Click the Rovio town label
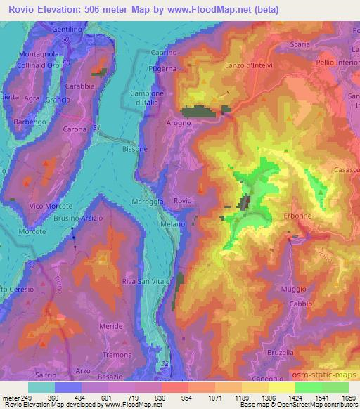(183, 201)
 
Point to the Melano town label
(172, 223)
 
